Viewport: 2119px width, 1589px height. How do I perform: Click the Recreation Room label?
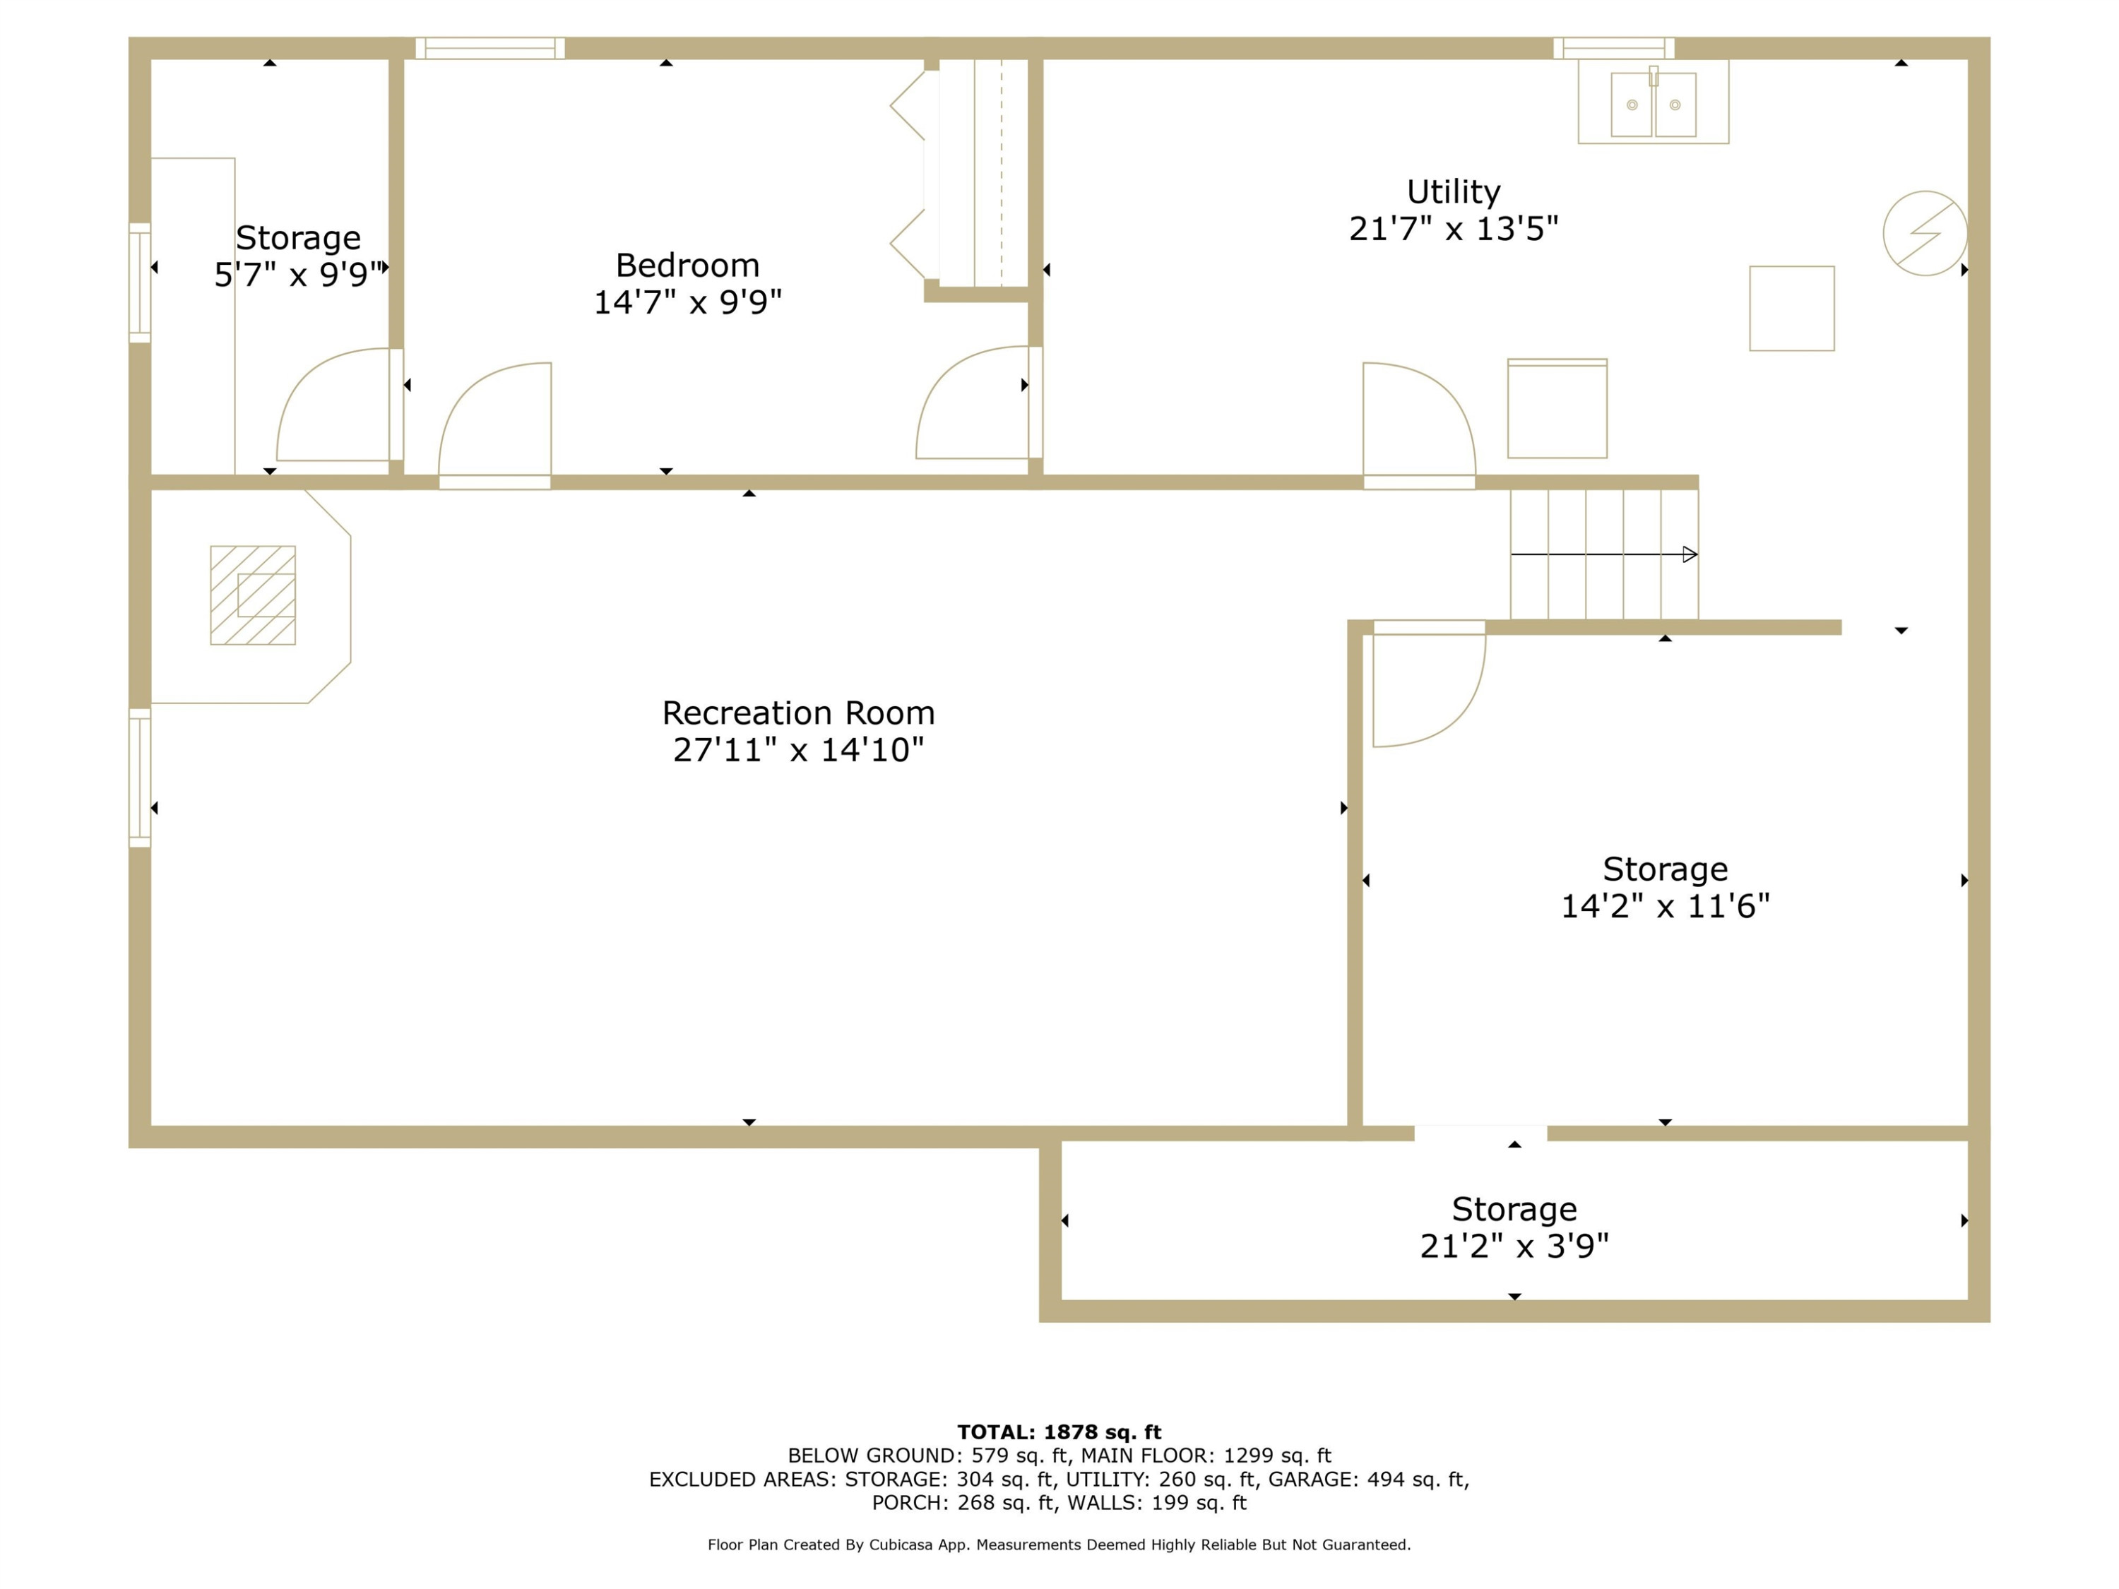[x=798, y=713]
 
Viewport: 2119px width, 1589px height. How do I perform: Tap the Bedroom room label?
[x=688, y=266]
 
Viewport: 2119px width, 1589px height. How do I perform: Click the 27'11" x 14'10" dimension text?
[x=798, y=750]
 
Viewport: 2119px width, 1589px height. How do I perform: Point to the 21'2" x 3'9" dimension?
[x=1514, y=1246]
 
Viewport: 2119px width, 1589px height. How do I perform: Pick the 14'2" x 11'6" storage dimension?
[x=1665, y=906]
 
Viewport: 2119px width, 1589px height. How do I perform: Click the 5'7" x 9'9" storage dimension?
[x=299, y=275]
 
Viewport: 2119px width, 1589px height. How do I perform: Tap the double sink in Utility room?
[x=1654, y=103]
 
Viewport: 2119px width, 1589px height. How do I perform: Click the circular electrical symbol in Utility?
[x=1925, y=233]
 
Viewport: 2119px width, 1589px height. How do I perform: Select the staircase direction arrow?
[x=1603, y=554]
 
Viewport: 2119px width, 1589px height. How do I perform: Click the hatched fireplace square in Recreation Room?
[x=253, y=595]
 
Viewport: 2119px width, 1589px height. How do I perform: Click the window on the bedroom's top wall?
[x=489, y=48]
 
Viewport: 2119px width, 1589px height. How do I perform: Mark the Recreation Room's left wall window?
[x=140, y=778]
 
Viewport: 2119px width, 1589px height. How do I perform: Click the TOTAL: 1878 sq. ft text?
[x=1059, y=1432]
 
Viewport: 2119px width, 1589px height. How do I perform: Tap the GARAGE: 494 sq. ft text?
[x=1369, y=1480]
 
